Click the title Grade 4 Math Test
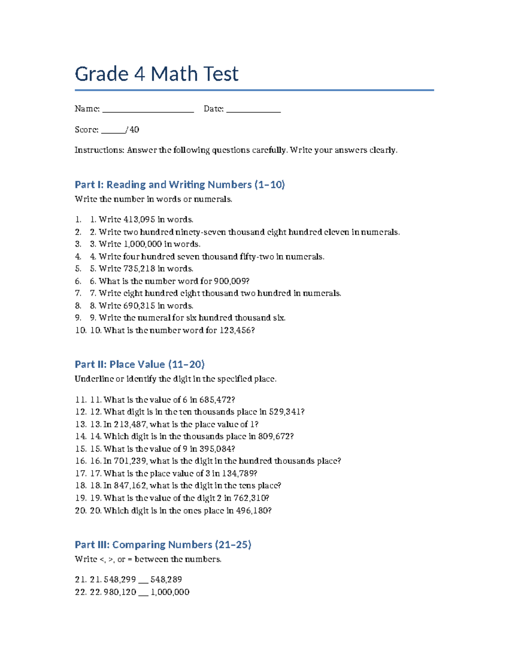point(157,74)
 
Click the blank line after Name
point(148,110)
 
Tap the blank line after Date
point(253,110)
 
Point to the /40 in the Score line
point(133,130)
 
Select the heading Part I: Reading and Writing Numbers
point(179,185)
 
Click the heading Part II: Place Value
point(140,365)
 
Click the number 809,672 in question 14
point(275,437)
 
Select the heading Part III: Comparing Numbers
point(163,545)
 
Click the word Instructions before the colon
point(99,150)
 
